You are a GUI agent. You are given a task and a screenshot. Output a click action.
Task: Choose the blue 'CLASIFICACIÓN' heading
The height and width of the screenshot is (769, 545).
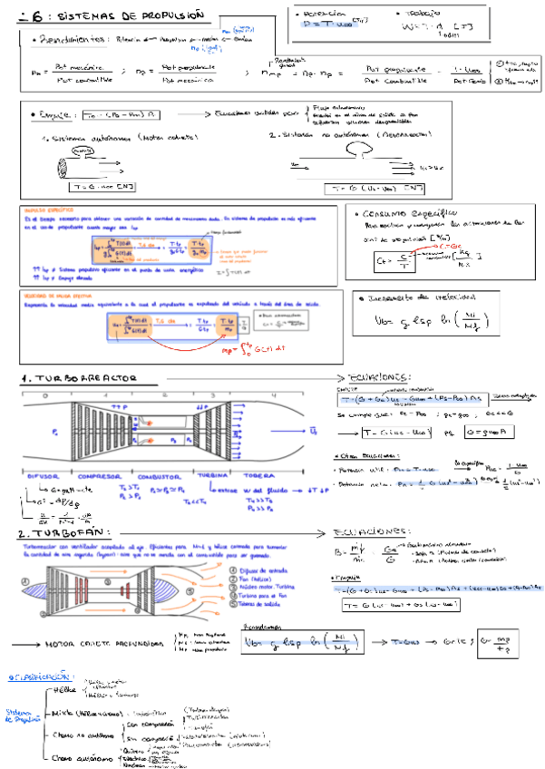pyautogui.click(x=40, y=677)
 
